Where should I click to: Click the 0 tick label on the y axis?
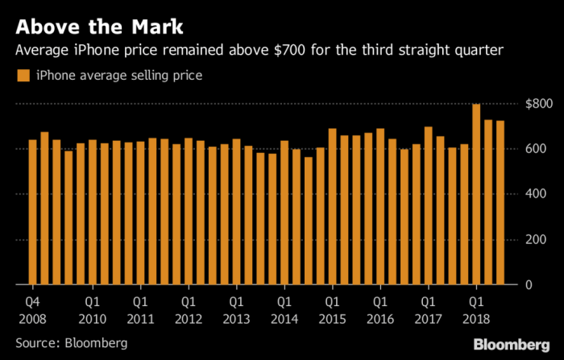tap(545, 284)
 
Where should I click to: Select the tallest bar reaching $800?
tap(476, 194)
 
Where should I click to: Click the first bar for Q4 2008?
tap(33, 213)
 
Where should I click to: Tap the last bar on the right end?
tap(500, 203)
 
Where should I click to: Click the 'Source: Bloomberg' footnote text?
tap(71, 343)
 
